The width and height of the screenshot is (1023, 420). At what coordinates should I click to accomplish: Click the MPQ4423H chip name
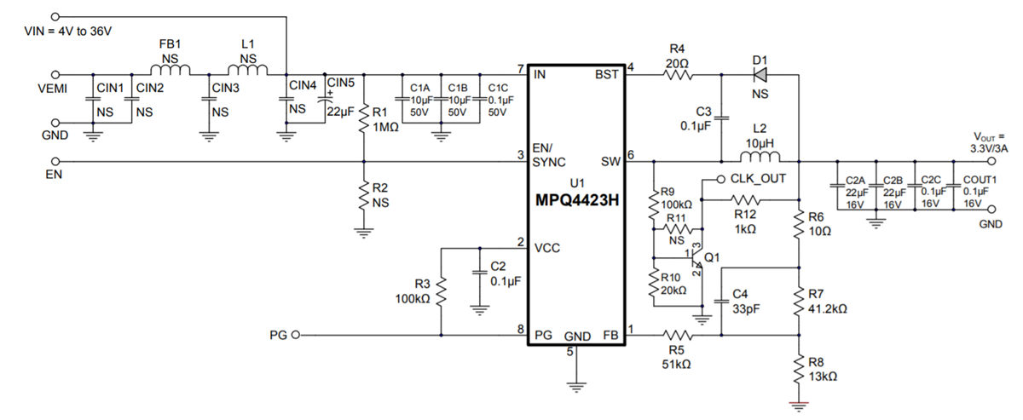576,202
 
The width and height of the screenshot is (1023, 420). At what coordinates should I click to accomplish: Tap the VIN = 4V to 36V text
68,32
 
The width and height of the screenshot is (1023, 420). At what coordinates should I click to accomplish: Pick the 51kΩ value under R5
676,364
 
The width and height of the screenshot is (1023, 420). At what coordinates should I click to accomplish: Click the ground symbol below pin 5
576,387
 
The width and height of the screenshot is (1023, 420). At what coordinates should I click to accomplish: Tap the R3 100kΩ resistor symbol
442,292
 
